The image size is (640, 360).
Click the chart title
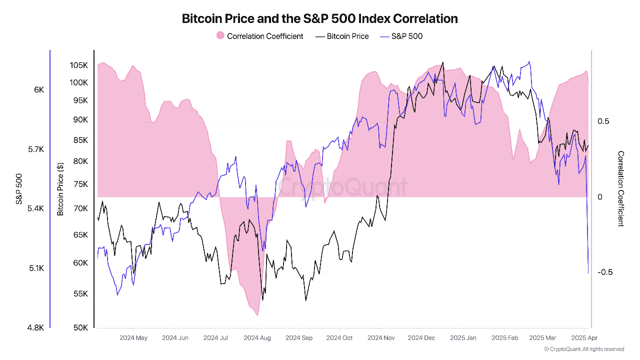point(319,19)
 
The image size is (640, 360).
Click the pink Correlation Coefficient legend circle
point(220,36)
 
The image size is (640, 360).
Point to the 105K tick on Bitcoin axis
point(78,65)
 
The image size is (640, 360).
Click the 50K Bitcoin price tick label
point(80,328)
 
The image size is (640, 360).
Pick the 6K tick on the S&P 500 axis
point(39,90)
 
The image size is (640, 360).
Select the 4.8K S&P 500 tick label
point(35,328)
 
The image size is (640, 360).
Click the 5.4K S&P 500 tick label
point(35,208)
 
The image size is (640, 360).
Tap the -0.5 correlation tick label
point(606,272)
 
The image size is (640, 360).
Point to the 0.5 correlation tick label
point(603,121)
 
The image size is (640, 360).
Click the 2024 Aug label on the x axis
point(257,338)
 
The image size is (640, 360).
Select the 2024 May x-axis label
point(133,338)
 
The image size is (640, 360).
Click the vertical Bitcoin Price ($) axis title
point(60,189)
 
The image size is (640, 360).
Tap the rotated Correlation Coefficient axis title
point(621,189)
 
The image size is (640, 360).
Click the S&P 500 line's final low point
point(588,273)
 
